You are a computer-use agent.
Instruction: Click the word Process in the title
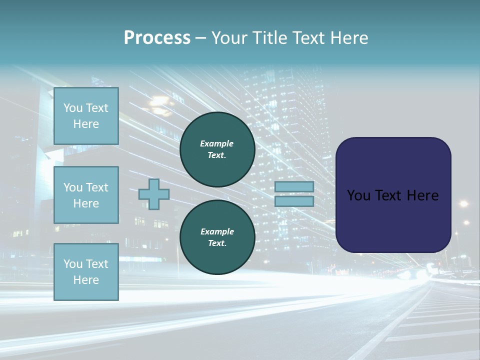pos(157,37)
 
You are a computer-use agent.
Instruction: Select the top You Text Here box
pos(86,116)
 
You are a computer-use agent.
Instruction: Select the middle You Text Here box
pos(86,195)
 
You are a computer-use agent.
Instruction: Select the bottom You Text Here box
pos(86,271)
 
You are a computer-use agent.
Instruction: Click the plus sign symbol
pos(154,194)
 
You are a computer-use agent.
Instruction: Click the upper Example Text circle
pos(217,149)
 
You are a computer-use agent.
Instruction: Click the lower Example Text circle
pos(217,237)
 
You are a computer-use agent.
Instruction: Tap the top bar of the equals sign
pos(294,186)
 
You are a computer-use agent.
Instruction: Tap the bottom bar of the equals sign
pos(294,201)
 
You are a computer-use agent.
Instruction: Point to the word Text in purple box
pos(393,195)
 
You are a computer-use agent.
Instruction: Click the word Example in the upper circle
pos(217,143)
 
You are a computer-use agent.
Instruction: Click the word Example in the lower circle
pos(217,231)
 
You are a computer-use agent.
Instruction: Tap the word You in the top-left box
pos(73,108)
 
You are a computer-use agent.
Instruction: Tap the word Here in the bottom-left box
pos(86,280)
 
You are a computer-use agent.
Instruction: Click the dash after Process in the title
pos(200,38)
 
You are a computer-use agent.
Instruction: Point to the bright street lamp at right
pos(463,203)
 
